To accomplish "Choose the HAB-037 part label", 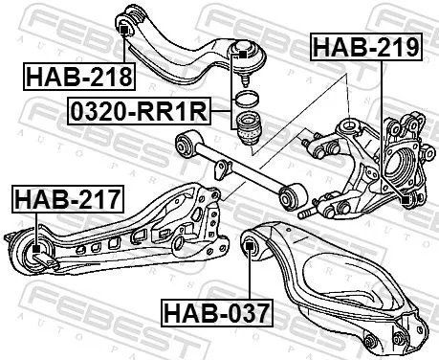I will click(216, 312).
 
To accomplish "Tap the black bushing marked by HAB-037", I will click(252, 248).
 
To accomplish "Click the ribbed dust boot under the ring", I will click(248, 129).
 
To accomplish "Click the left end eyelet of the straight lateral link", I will click(182, 145).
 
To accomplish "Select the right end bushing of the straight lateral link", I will click(290, 198).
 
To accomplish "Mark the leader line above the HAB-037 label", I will click(251, 278).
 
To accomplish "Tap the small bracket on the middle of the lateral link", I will click(223, 169).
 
